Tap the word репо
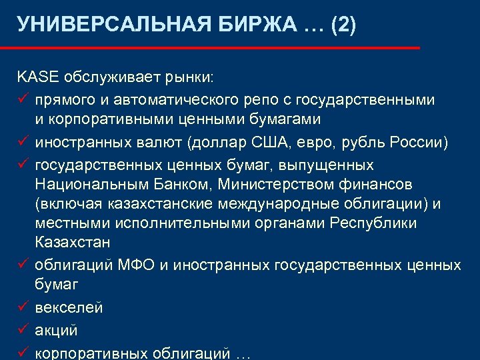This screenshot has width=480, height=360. point(259,100)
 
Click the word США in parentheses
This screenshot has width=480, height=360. point(265,142)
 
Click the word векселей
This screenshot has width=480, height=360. point(69,308)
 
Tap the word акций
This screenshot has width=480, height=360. point(57,330)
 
